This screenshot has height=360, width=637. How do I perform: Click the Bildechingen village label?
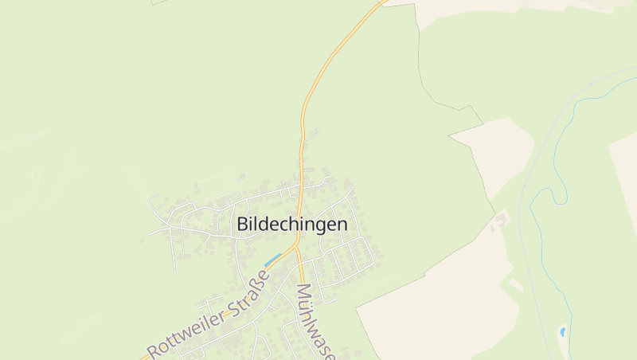point(292,225)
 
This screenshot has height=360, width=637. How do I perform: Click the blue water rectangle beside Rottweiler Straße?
point(272,260)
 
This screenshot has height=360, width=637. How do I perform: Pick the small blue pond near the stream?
point(563,331)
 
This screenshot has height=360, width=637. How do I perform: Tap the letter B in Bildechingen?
point(242,225)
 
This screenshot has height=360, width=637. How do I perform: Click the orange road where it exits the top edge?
point(381,2)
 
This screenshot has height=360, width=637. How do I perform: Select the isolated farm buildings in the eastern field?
point(501,218)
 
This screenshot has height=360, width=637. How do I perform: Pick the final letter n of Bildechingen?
point(342,225)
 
